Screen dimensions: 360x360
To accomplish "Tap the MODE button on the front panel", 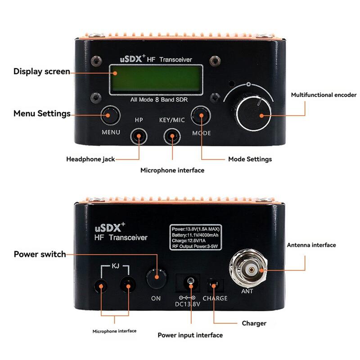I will [x=201, y=116].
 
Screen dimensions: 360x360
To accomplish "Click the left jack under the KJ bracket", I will [x=101, y=285].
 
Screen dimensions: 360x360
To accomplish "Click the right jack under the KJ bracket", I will [x=128, y=285].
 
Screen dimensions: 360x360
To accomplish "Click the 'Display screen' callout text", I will [x=41, y=71].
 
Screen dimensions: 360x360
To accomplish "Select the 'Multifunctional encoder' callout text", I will [x=324, y=95].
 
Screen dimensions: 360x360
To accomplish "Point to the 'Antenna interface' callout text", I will [x=311, y=245].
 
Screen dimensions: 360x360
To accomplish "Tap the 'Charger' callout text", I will [x=254, y=323].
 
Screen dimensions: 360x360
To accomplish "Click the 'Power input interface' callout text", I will [x=190, y=335].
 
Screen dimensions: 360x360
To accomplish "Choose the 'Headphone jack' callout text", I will [x=90, y=159].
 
